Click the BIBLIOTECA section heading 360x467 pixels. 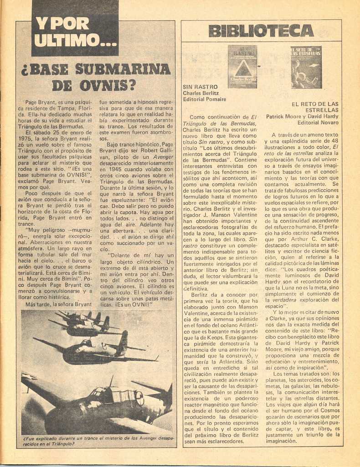pos(261,31)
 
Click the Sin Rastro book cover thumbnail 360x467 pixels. pos(242,67)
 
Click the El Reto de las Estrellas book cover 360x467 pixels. pos(306,67)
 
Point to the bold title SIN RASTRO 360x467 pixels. pos(200,87)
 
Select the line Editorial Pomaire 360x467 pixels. pos(204,99)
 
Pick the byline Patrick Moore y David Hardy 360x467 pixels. pos(302,116)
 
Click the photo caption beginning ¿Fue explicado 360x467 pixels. pos(98,441)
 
